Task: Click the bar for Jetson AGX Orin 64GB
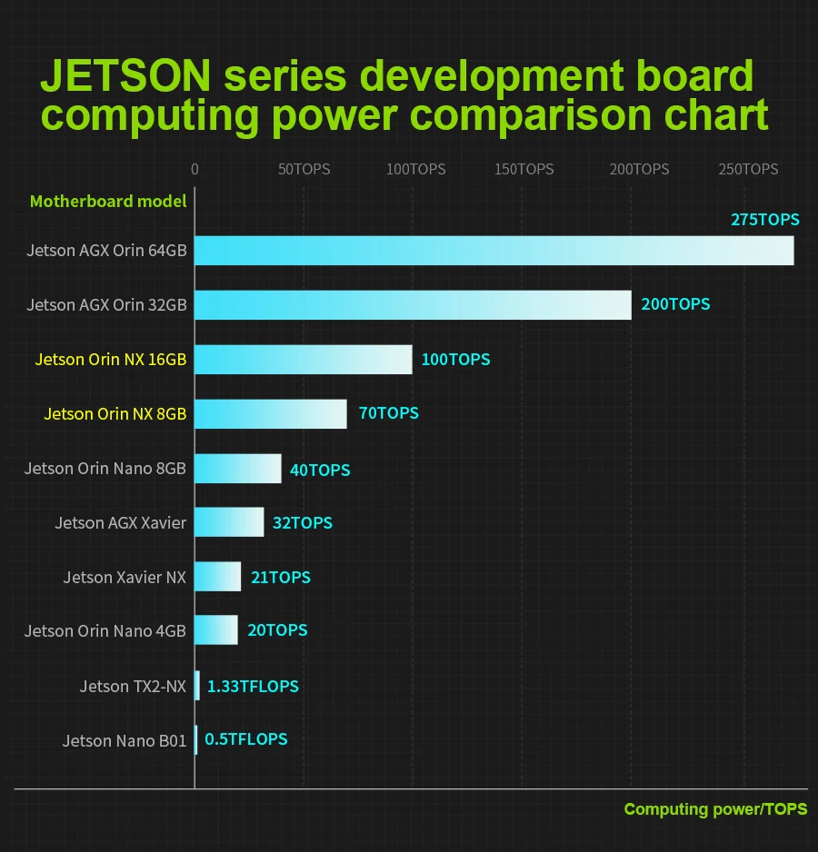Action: pos(494,251)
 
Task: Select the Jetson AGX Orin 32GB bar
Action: pos(413,305)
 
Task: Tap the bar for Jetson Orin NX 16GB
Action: pos(303,360)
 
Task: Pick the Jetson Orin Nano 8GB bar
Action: pos(237,469)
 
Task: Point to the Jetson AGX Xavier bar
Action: pos(229,522)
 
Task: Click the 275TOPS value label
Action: pos(764,220)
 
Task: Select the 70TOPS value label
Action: pos(388,413)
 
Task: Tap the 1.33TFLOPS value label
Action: pos(253,687)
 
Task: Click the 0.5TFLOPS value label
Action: pos(245,739)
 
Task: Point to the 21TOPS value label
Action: pos(280,578)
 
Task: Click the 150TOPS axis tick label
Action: pos(524,170)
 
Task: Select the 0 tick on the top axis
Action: pos(195,170)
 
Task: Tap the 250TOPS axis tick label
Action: pos(748,170)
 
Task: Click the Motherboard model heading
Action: pos(108,202)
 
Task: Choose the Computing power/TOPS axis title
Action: pos(715,809)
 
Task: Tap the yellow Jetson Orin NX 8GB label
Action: pos(115,414)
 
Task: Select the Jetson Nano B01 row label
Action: pos(125,741)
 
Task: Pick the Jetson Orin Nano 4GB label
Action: pos(105,631)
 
